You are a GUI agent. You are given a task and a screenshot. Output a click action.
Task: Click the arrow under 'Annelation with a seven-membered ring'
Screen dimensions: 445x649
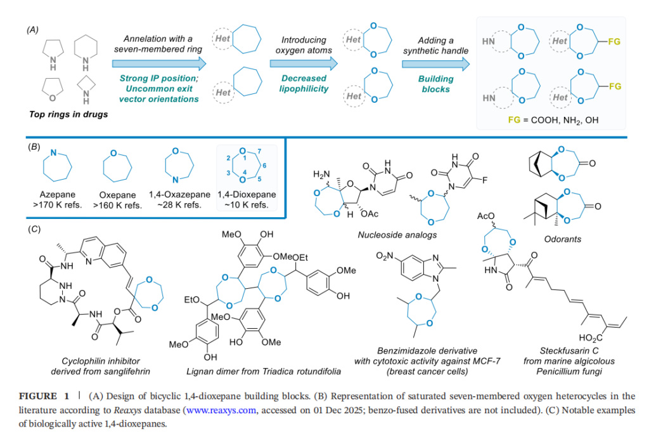pyautogui.click(x=159, y=63)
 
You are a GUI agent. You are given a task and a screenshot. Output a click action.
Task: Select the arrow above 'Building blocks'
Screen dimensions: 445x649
pyautogui.click(x=435, y=63)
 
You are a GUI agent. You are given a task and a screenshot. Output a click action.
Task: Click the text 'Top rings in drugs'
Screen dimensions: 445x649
pyautogui.click(x=69, y=114)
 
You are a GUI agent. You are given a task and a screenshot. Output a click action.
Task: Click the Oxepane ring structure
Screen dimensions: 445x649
pyautogui.click(x=117, y=168)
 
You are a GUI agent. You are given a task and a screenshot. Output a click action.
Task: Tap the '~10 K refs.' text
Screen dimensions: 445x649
pyautogui.click(x=246, y=205)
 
